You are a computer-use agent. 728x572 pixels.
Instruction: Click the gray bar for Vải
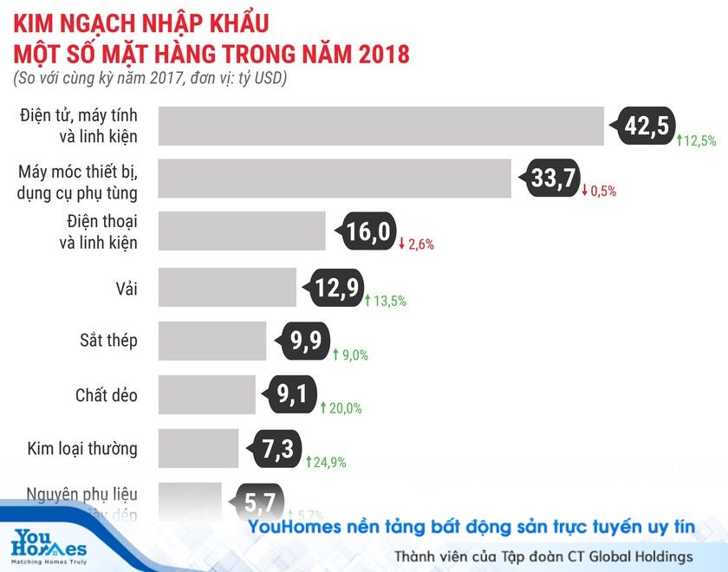tap(227, 287)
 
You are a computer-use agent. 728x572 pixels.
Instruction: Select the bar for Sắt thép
tap(212, 341)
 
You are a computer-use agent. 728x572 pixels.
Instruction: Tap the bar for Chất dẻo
tap(207, 394)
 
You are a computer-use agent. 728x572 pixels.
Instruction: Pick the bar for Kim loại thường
tap(198, 448)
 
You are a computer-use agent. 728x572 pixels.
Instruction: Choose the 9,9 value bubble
tap(307, 341)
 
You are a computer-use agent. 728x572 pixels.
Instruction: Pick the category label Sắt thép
tap(108, 341)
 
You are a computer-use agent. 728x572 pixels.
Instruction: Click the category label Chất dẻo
tap(107, 395)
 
